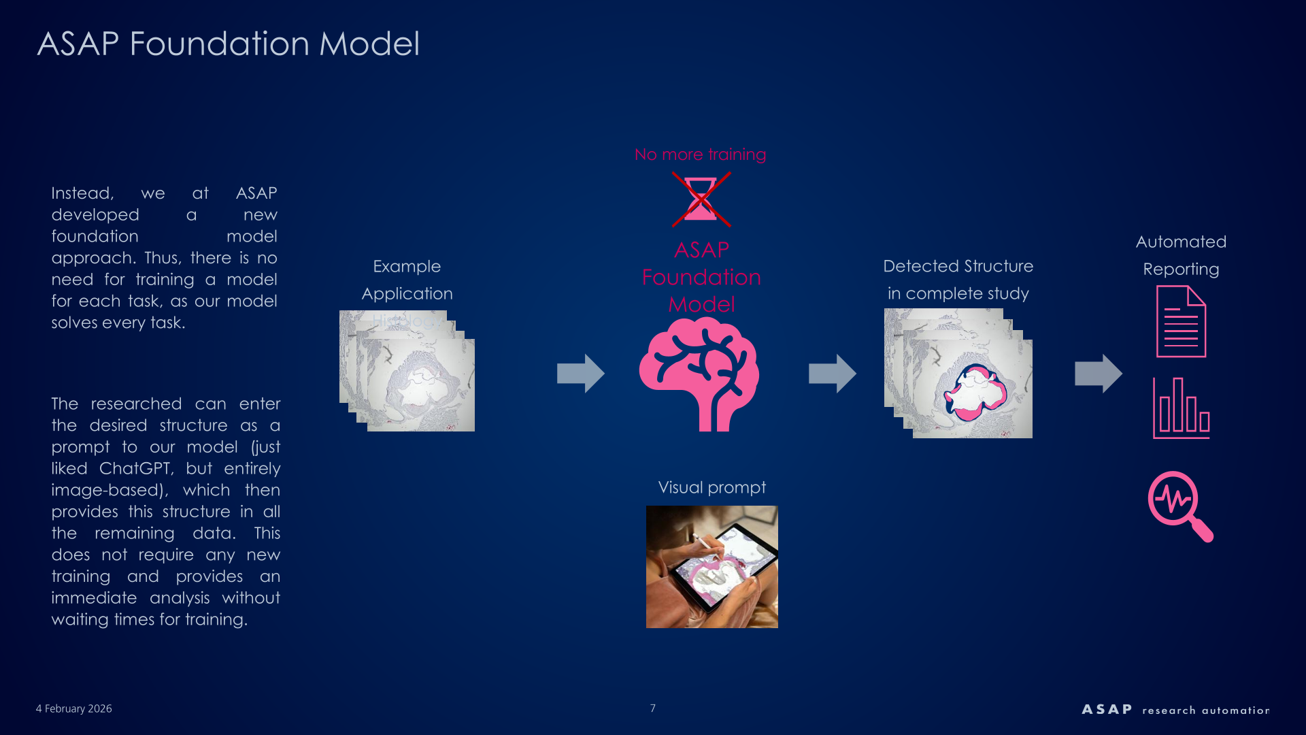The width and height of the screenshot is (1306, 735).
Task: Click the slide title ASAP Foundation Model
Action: point(228,44)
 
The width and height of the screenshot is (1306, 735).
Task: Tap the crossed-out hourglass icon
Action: point(701,199)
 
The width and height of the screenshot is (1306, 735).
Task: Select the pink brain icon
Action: point(699,374)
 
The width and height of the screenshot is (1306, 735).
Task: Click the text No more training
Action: point(700,154)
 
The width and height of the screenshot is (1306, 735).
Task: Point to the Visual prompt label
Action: point(711,487)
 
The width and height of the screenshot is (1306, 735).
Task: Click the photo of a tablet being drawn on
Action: point(711,566)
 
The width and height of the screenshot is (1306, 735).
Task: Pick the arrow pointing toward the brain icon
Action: point(580,373)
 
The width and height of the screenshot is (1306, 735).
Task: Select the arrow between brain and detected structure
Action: point(832,373)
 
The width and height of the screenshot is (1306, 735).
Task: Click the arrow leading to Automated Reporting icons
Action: point(1098,373)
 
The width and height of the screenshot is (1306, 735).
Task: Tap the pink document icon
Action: point(1181,321)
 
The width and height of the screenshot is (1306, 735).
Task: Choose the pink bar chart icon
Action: point(1181,408)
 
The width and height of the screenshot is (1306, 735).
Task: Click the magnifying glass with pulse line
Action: point(1179,506)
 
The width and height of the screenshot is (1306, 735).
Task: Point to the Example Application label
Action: point(407,280)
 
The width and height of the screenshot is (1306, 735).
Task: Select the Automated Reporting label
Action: point(1181,255)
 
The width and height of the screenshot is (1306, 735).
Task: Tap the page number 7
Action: point(652,708)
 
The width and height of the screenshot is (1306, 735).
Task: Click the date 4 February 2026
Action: point(74,708)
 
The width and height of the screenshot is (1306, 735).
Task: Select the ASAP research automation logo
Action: point(1175,710)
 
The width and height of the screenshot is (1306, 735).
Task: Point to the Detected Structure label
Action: point(958,267)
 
